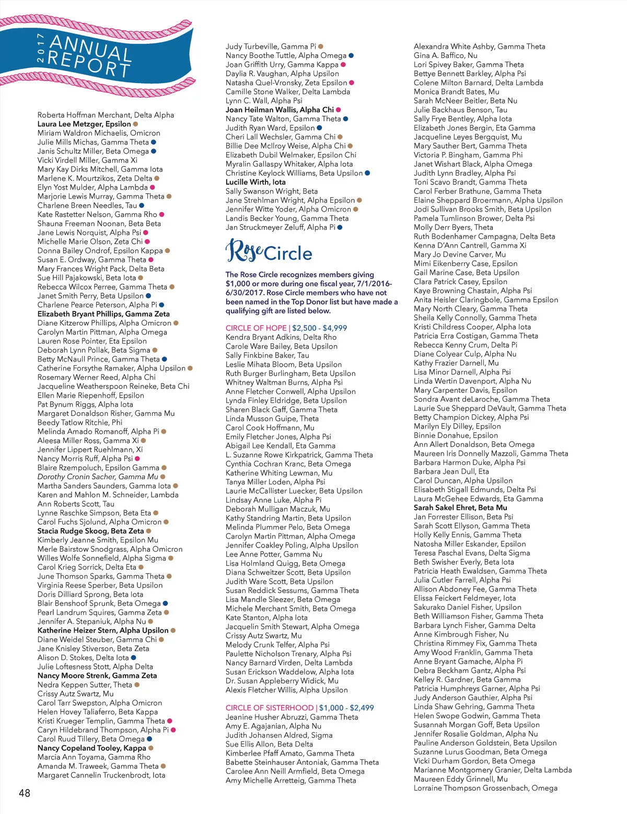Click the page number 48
[25, 793]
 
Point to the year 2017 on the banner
[41, 48]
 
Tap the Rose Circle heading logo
[269, 251]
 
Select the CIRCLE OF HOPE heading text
[256, 328]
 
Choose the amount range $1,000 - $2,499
[346, 708]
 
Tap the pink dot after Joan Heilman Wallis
[339, 110]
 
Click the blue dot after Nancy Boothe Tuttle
[351, 55]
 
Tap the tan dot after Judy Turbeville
[321, 46]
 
